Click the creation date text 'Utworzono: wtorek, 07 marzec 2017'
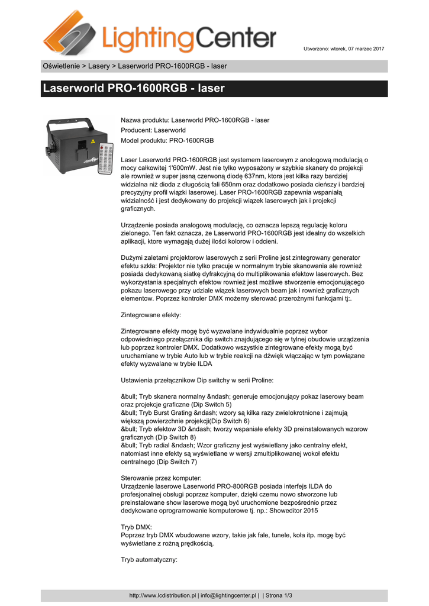coord(344,49)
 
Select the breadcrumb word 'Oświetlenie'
coord(61,66)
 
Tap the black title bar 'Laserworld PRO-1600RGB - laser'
coord(214,89)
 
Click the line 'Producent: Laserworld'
coord(153,130)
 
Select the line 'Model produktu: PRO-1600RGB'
coord(167,140)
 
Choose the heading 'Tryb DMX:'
coord(136,526)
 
